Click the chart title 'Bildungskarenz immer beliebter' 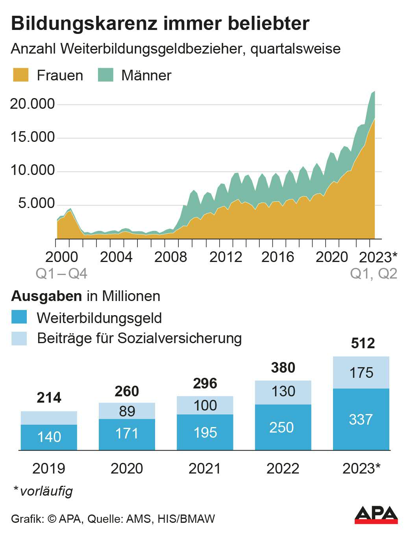(x=160, y=24)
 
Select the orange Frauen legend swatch (x=20, y=75)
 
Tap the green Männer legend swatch (x=105, y=75)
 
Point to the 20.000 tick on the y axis (x=33, y=104)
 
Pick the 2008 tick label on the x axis (x=170, y=257)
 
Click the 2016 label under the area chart (x=278, y=257)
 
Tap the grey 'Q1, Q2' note (x=374, y=273)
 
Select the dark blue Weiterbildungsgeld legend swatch (x=19, y=318)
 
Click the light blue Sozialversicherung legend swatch (x=19, y=338)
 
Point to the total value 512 (x=363, y=344)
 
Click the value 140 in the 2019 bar (x=49, y=437)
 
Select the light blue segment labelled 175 (x=361, y=372)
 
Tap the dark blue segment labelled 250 (x=281, y=427)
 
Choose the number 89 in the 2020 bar (x=127, y=411)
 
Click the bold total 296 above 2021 (x=205, y=383)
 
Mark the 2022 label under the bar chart (x=283, y=468)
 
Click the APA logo (x=376, y=515)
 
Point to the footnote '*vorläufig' (x=43, y=491)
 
